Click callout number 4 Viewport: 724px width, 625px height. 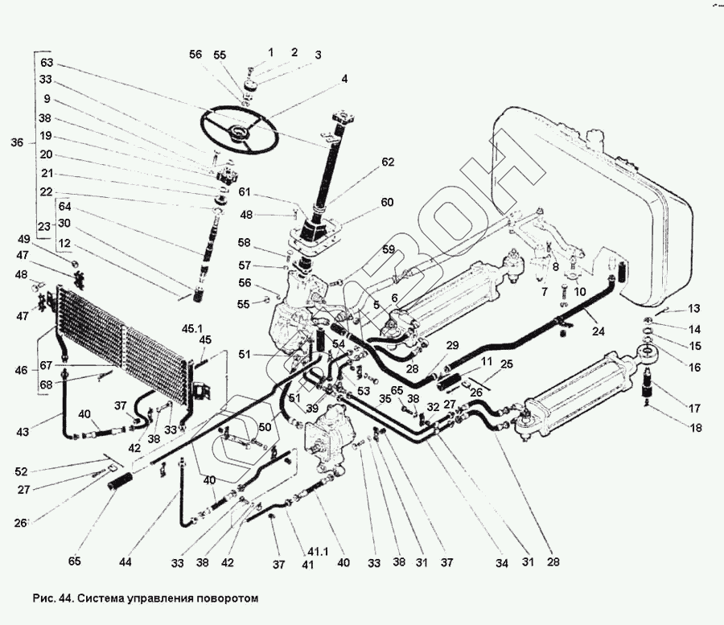(x=344, y=79)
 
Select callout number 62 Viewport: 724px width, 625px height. (x=389, y=162)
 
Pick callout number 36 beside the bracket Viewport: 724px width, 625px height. (x=17, y=142)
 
